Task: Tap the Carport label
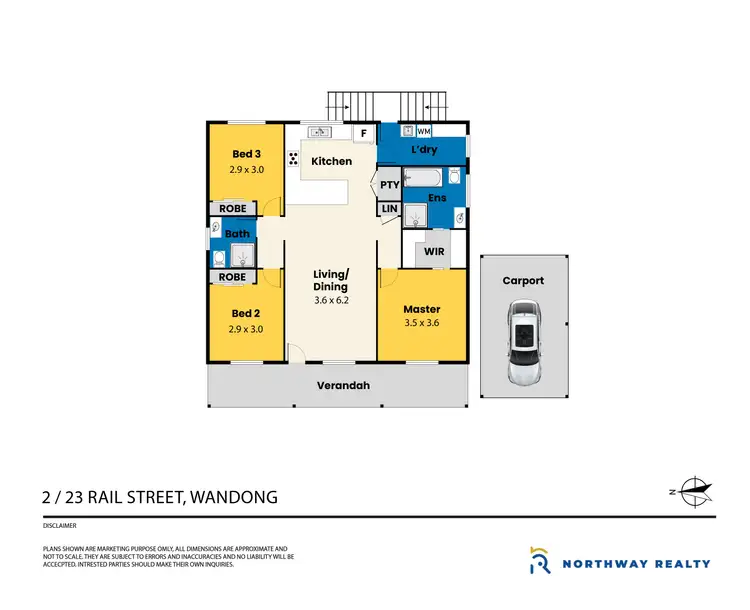[x=523, y=281]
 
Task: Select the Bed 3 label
[x=247, y=154]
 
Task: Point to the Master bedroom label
[x=422, y=309]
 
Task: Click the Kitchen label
[x=331, y=161]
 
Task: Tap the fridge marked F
[x=364, y=133]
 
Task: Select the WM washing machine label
[x=424, y=131]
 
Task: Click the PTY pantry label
[x=390, y=185]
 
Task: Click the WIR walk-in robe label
[x=434, y=251]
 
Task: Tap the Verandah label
[x=338, y=387]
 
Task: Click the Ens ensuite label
[x=437, y=198]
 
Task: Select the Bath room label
[x=237, y=234]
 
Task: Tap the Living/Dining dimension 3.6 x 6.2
[x=332, y=299]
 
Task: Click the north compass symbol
[x=694, y=490]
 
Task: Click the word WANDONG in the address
[x=229, y=497]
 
